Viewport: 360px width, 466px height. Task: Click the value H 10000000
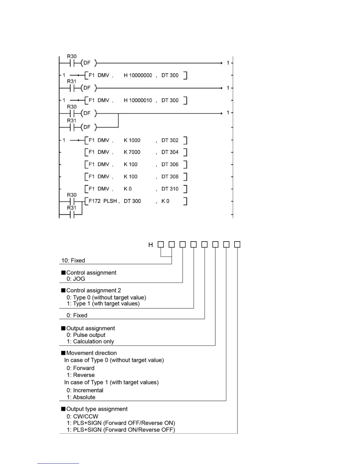(138, 75)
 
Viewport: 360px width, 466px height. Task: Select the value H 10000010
(138, 100)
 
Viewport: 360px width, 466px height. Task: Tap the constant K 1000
(132, 140)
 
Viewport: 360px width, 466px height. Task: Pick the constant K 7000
(132, 152)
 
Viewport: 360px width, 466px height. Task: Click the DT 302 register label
(170, 140)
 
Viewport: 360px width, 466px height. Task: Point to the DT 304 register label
(170, 152)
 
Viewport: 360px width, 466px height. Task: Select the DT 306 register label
(170, 164)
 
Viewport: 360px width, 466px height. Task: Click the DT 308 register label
(170, 177)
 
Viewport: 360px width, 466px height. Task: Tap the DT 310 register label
(170, 189)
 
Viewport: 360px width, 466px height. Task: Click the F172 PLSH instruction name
(103, 201)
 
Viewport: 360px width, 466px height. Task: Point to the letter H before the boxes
(151, 245)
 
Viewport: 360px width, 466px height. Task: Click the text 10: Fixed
(73, 260)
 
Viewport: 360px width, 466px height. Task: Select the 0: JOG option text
(76, 279)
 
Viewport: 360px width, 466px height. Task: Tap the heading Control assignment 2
(94, 290)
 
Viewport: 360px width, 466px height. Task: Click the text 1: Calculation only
(90, 341)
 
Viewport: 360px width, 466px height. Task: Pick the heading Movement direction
(91, 353)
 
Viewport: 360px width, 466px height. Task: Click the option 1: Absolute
(81, 397)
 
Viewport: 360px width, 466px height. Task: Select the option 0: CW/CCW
(82, 416)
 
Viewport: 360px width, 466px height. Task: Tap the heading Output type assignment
(97, 409)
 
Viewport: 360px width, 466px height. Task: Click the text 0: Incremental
(85, 390)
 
